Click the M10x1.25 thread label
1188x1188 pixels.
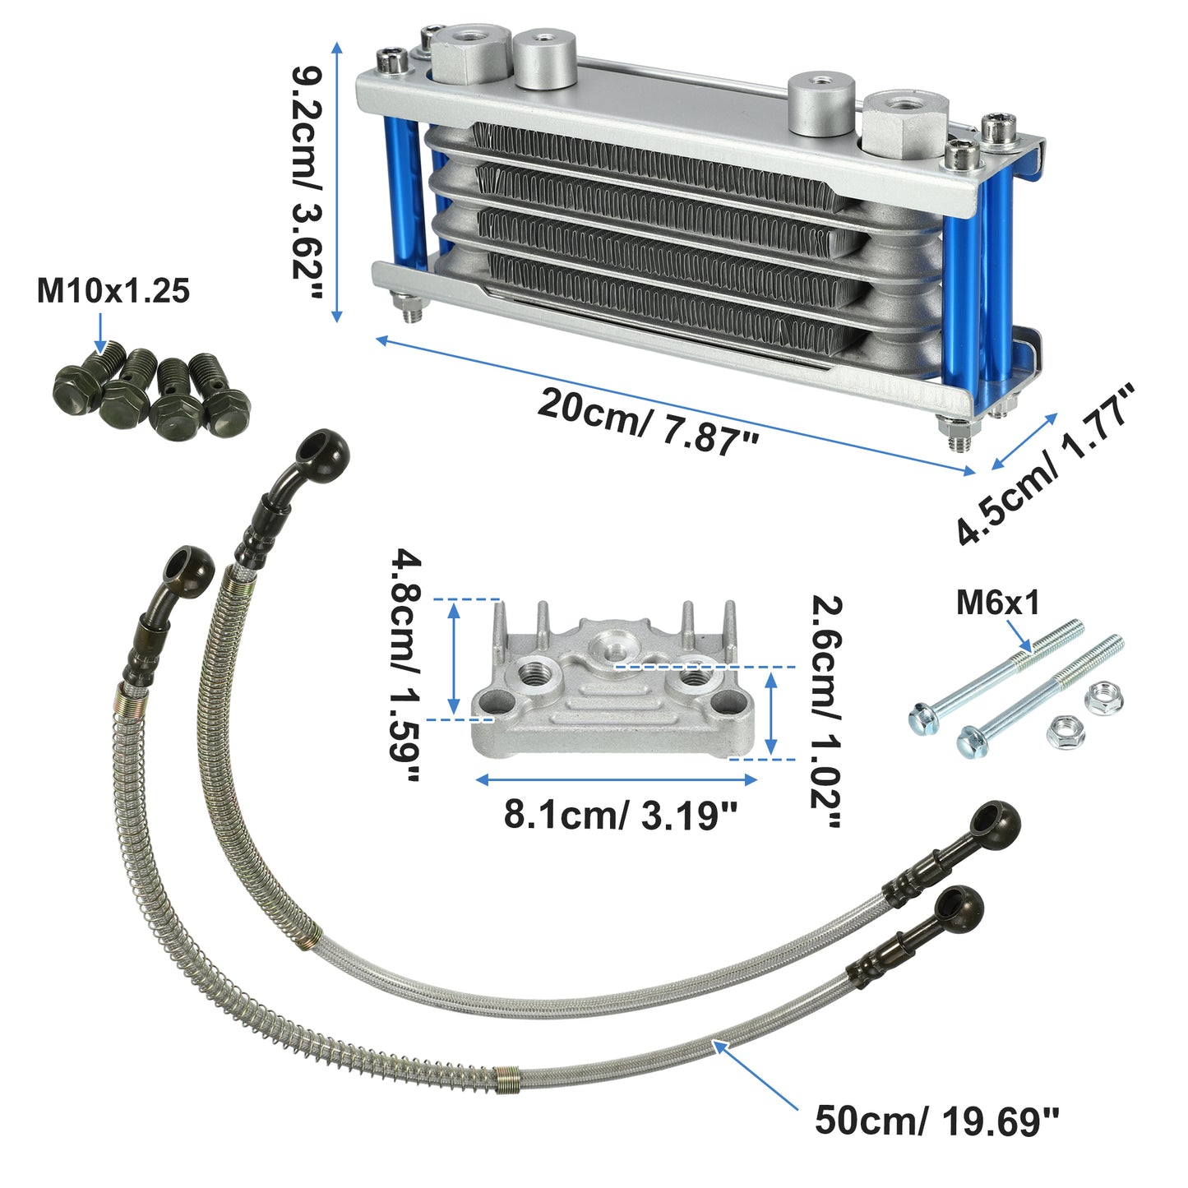(x=113, y=292)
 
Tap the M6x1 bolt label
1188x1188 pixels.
(x=997, y=603)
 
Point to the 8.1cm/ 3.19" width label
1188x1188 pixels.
(x=621, y=815)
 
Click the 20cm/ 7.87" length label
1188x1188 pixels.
(x=649, y=422)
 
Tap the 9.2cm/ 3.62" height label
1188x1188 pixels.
(x=307, y=183)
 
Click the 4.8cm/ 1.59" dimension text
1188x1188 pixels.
(x=405, y=666)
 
